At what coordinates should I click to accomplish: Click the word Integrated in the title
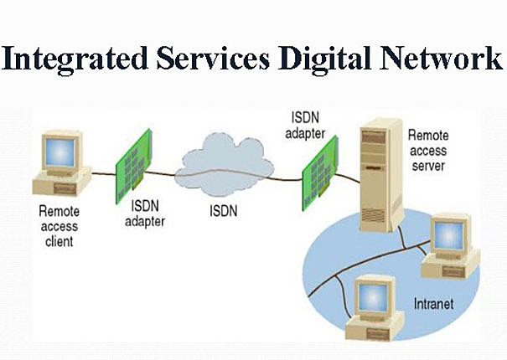click(x=75, y=59)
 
